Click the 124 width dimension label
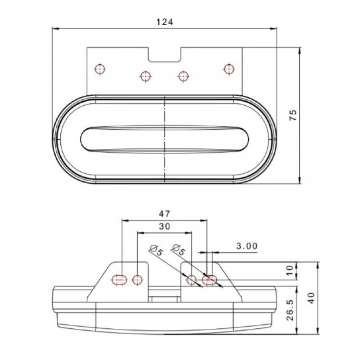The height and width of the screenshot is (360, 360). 165,22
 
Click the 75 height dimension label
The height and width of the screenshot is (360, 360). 293,115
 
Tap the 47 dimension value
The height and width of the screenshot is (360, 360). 165,214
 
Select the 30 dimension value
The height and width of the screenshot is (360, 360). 165,226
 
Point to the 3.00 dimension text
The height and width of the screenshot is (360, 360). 247,246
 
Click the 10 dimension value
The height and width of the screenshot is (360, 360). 290,271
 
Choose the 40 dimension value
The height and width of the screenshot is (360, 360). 311,298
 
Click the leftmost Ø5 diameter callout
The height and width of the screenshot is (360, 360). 156,250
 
